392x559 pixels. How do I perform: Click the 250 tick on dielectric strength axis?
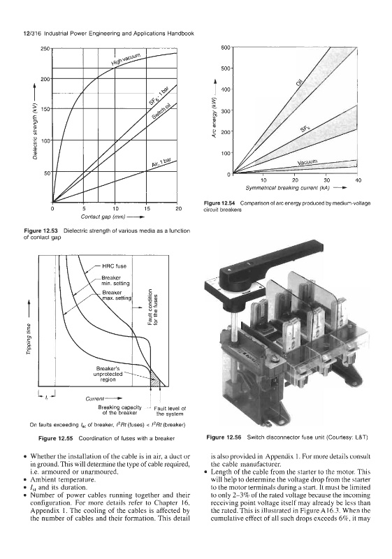(x=45, y=48)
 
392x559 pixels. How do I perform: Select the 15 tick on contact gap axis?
(x=147, y=209)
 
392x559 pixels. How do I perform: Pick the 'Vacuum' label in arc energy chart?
(x=307, y=163)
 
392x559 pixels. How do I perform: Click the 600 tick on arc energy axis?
(x=226, y=48)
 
